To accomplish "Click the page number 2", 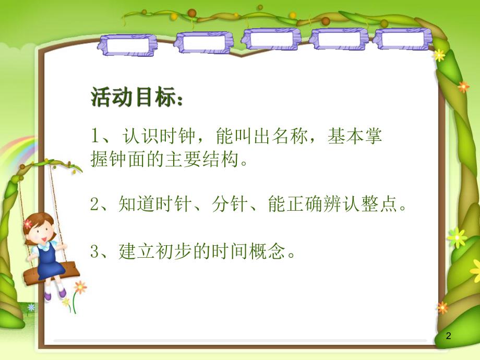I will coord(448,338).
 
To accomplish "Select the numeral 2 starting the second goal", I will coord(94,205).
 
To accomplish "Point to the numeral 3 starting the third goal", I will coord(94,252).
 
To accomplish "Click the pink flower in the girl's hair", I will coord(28,223).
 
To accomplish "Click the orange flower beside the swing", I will coord(80,286).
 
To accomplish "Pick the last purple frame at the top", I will coord(402,39).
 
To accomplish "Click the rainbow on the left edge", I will coord(13,149).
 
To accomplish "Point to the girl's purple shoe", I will coord(47,295).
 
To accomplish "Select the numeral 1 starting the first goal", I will coord(94,136).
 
